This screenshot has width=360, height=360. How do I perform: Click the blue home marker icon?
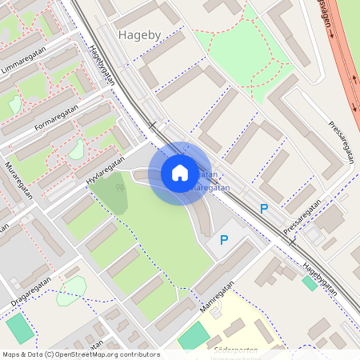pyautogui.click(x=180, y=173)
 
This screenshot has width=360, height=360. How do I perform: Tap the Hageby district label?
pyautogui.click(x=139, y=35)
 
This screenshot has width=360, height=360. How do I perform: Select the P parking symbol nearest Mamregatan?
pyautogui.click(x=224, y=239)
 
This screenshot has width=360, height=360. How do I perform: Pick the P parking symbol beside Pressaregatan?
pyautogui.click(x=264, y=209)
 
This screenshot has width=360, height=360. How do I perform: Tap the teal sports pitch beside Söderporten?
pyautogui.click(x=193, y=336)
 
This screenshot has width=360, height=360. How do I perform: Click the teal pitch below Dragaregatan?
pyautogui.click(x=19, y=328)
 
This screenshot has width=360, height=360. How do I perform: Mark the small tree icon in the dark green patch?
pyautogui.click(x=120, y=188)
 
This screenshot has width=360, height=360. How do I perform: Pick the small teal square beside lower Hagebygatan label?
pyautogui.click(x=309, y=282)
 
